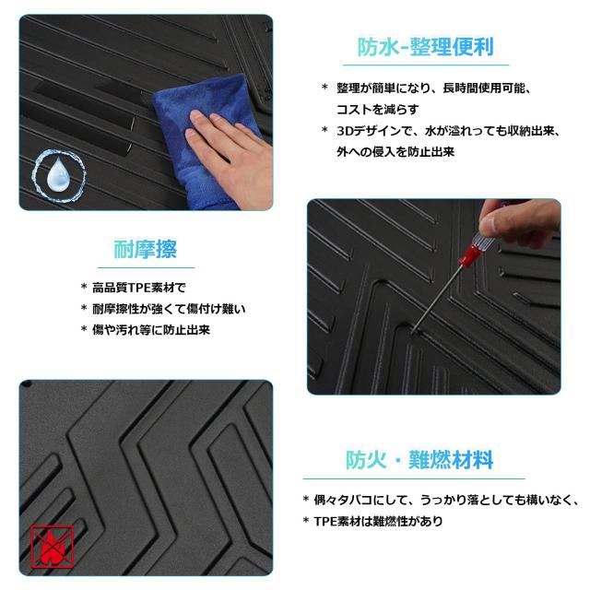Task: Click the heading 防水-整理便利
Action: click(425, 47)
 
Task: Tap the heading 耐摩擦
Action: click(146, 249)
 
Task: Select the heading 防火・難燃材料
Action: click(419, 459)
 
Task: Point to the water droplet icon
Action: click(58, 176)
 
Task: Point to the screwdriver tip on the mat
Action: click(414, 332)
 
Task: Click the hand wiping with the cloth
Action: click(229, 150)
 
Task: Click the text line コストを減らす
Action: click(377, 110)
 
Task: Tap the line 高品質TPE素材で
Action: click(139, 288)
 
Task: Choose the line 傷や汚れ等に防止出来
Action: click(151, 330)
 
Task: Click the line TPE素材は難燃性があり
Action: click(378, 521)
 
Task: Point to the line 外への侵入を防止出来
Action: click(395, 151)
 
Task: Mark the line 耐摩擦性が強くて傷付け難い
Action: click(169, 309)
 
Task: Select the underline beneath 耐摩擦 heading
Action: click(146, 267)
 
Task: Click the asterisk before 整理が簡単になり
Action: click(324, 88)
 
